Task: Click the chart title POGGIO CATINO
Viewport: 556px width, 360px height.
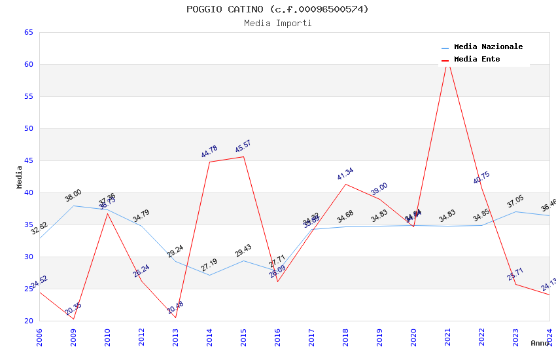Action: coord(277,9)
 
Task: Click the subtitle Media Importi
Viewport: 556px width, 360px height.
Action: coord(277,23)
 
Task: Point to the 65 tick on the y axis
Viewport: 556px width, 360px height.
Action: coord(28,32)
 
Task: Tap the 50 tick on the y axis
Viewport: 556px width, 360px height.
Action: coord(28,128)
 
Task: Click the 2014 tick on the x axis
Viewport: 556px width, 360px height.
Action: coord(209,336)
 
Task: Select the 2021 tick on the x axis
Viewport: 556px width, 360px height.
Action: coord(448,336)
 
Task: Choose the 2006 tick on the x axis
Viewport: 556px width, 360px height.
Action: coord(39,336)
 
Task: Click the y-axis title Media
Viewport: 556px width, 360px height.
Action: coord(20,177)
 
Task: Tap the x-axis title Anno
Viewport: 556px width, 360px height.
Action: coord(540,343)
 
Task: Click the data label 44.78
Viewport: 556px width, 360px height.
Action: coord(209,151)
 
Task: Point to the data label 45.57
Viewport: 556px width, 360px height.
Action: coord(243,146)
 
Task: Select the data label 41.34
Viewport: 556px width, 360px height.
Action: coord(345,173)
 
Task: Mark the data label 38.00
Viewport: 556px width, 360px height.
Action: coord(73,195)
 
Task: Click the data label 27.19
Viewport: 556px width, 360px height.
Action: coord(209,264)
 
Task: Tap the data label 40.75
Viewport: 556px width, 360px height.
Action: coord(481,178)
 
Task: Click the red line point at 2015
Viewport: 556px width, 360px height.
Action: coord(243,156)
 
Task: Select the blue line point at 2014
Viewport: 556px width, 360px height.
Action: coord(209,275)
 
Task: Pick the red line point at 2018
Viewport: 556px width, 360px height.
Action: coord(345,184)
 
